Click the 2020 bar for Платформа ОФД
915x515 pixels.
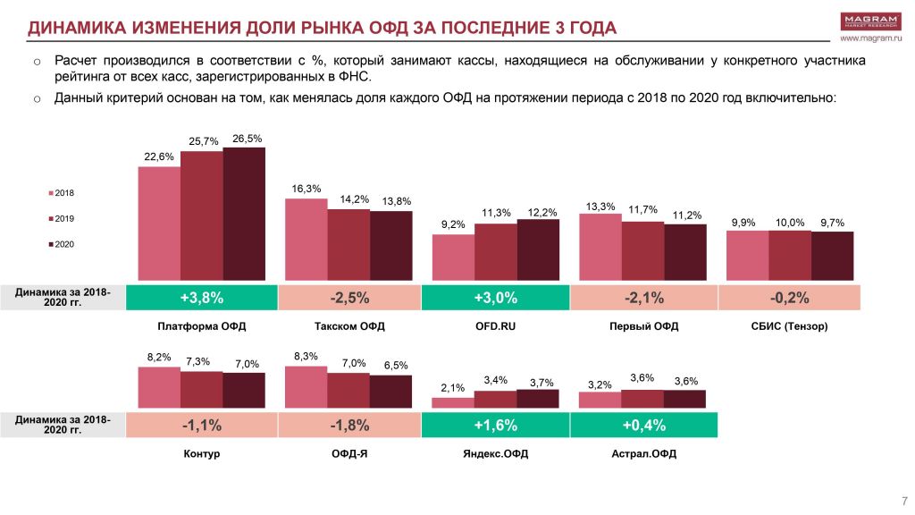point(244,215)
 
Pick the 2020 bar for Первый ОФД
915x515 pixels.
point(685,252)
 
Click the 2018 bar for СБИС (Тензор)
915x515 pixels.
point(747,256)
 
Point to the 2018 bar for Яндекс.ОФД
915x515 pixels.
point(453,403)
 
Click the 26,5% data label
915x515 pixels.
point(247,139)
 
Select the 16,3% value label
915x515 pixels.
point(306,189)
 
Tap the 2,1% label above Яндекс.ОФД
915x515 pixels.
point(453,388)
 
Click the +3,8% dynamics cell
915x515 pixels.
point(202,298)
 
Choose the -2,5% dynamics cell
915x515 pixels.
point(349,298)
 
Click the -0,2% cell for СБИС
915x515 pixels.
point(789,298)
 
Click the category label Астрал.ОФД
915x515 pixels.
point(643,454)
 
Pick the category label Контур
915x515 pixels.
point(202,454)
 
